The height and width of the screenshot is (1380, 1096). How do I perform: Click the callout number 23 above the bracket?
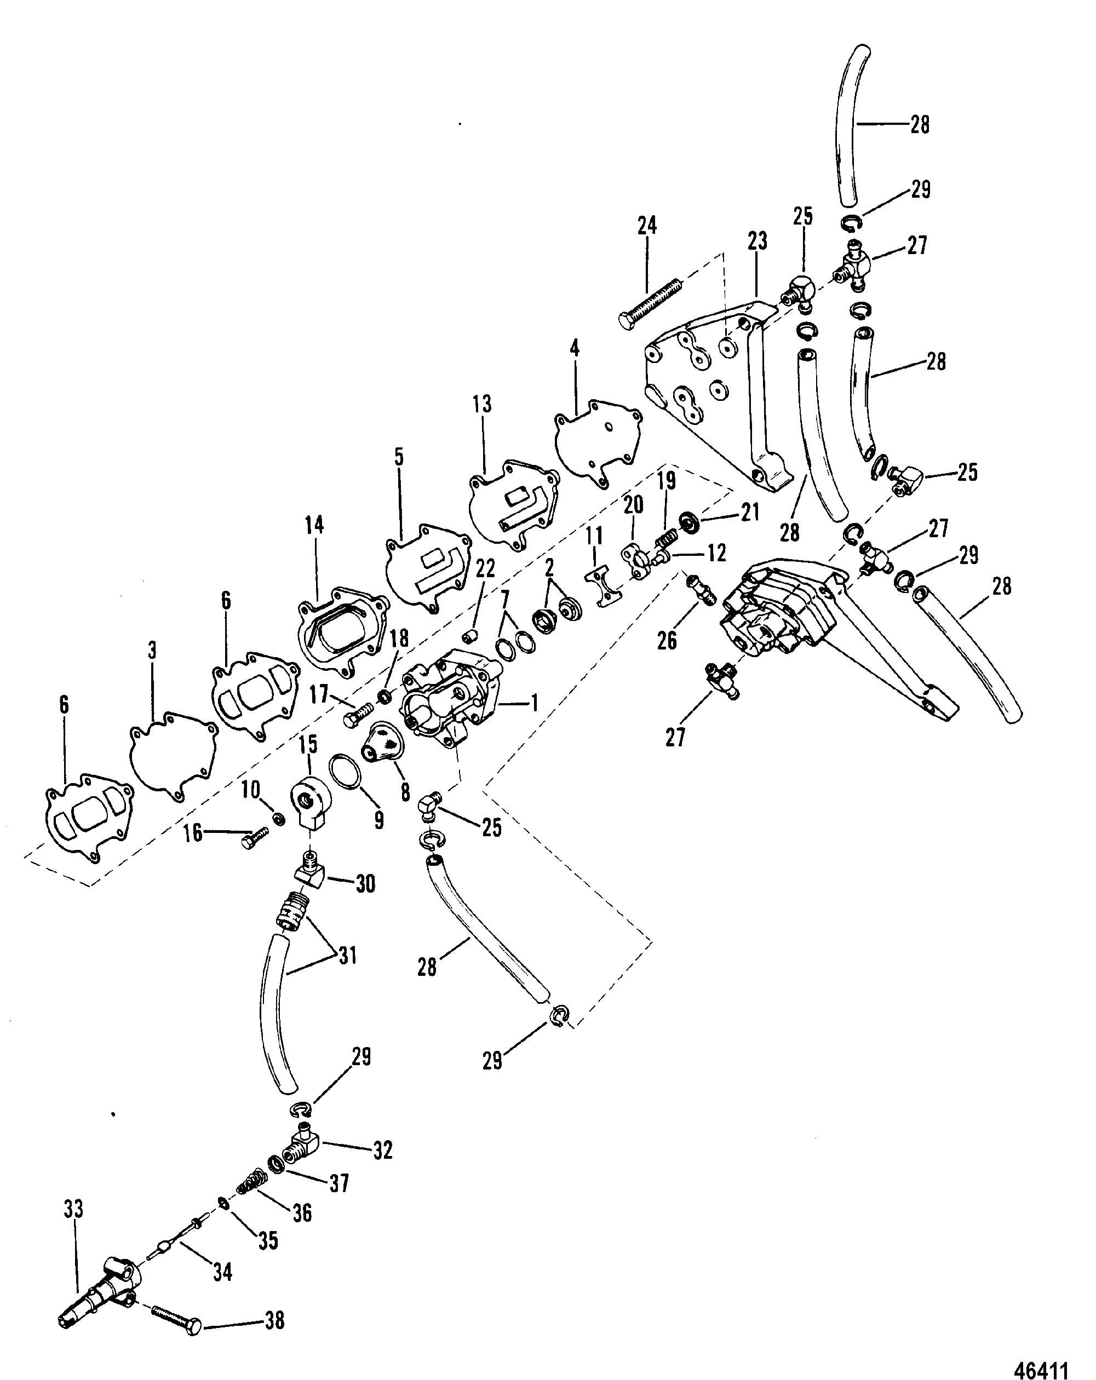tap(758, 242)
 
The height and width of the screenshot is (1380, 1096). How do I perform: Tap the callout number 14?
tap(314, 526)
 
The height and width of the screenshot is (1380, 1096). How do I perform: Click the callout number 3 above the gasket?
tap(152, 651)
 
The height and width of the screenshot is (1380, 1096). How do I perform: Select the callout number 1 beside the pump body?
tap(533, 704)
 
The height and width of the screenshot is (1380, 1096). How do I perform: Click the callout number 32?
tap(382, 1150)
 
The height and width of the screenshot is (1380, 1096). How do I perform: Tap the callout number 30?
tap(365, 884)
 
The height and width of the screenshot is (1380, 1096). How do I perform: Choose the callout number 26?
tap(667, 641)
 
